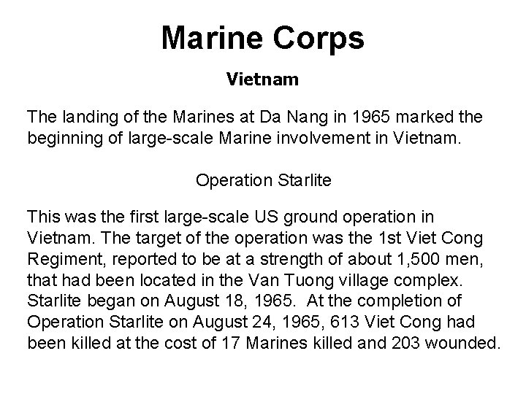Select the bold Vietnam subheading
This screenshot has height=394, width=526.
click(262, 79)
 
